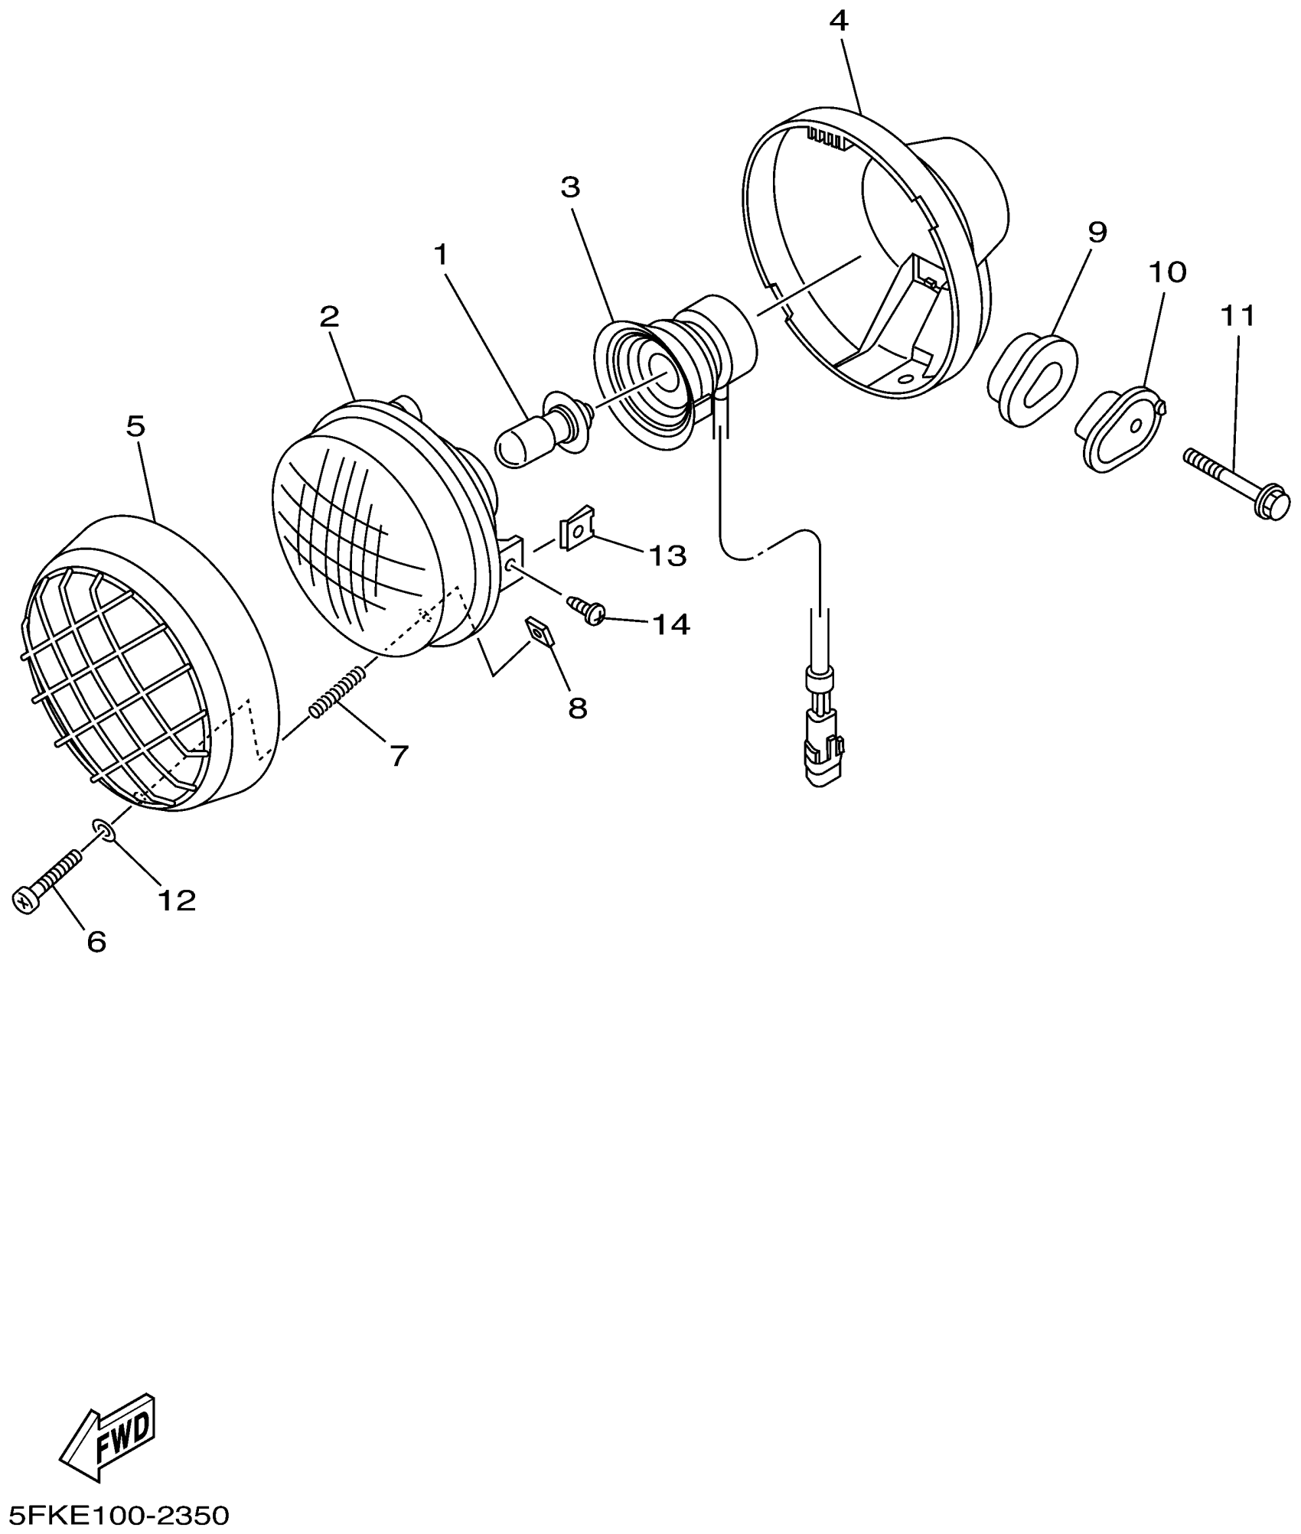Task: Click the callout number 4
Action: (839, 21)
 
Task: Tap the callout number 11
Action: (1237, 315)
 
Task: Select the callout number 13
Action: (667, 555)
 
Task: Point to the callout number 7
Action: (399, 755)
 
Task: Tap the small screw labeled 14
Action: (587, 610)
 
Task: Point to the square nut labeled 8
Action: (540, 632)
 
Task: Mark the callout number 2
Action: (329, 316)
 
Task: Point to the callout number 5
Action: (135, 427)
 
